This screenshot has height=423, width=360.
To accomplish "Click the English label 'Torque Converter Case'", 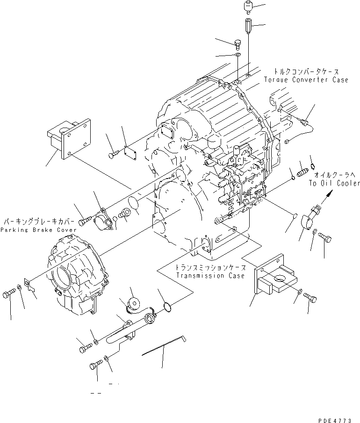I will point(312,80).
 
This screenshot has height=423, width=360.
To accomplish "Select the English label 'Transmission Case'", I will point(210,276).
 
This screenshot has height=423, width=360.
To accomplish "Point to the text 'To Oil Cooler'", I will point(334,183).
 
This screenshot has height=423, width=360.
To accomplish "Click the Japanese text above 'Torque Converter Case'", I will point(307,72).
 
